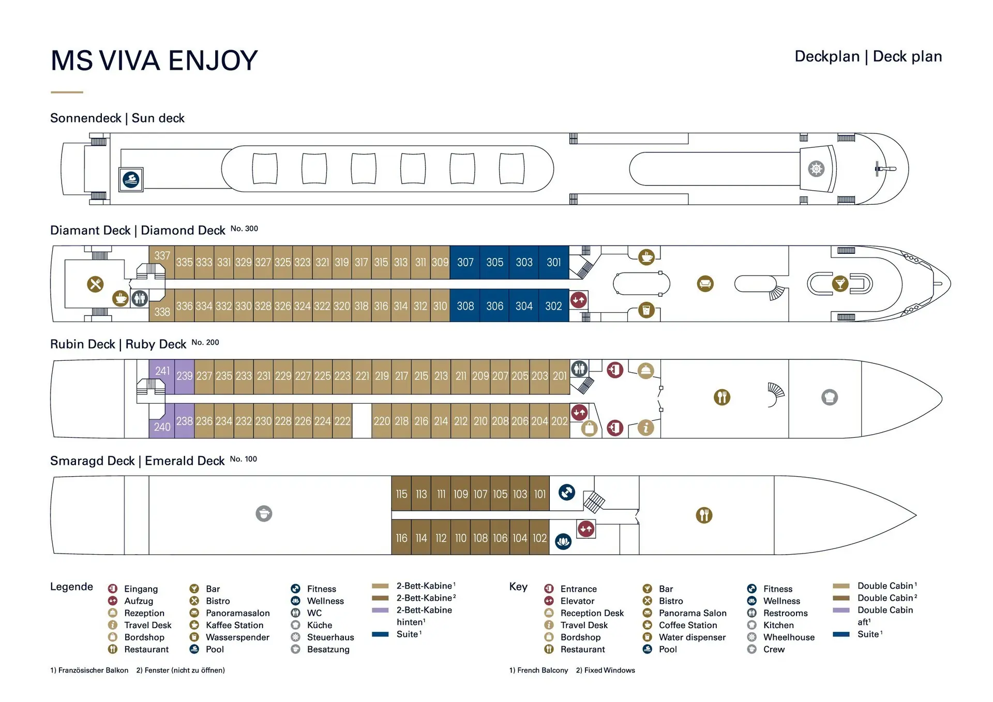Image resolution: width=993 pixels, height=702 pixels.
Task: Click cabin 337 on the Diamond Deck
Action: (162, 256)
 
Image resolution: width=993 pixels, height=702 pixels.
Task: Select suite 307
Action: (465, 263)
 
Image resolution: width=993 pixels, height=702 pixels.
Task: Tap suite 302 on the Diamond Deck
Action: (553, 306)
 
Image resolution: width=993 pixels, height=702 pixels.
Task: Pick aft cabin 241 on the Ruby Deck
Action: (162, 372)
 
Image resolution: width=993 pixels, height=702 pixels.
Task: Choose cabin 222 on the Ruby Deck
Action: (342, 421)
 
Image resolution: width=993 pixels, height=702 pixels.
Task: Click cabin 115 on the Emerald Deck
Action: (401, 494)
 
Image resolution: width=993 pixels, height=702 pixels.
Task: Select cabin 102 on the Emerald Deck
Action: (539, 538)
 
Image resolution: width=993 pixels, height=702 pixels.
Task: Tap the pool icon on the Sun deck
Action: (131, 180)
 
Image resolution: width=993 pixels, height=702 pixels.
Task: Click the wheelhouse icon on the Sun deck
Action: (816, 169)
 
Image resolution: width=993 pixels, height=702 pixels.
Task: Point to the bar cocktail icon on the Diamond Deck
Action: (840, 284)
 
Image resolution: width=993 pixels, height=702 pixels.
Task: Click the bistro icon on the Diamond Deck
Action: (95, 284)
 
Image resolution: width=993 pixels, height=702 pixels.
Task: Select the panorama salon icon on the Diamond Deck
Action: (705, 284)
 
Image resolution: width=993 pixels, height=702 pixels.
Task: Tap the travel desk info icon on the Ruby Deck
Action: (645, 428)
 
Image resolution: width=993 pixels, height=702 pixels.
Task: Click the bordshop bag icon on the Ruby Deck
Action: (589, 428)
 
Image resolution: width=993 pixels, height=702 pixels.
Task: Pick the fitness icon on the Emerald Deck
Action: (567, 492)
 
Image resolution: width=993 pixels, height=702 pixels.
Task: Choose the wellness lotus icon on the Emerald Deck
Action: (563, 542)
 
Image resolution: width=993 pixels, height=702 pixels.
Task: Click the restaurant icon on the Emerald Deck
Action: (704, 515)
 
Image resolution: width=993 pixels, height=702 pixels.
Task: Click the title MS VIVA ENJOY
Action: (154, 60)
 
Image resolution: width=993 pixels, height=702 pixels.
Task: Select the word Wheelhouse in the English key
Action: (789, 637)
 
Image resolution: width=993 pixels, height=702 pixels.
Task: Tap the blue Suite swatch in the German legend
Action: (380, 634)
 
